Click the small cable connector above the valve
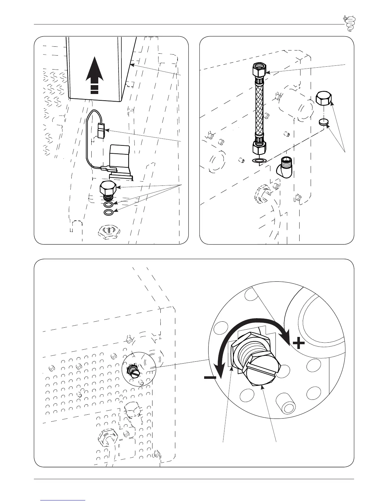coord(101,131)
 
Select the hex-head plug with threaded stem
coord(108,191)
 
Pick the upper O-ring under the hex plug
coord(108,204)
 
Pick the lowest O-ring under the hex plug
coord(108,212)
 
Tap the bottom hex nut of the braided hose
coord(259,148)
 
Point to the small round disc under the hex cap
coord(324,122)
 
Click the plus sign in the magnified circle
coord(298,343)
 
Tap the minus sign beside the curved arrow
coord(210,378)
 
